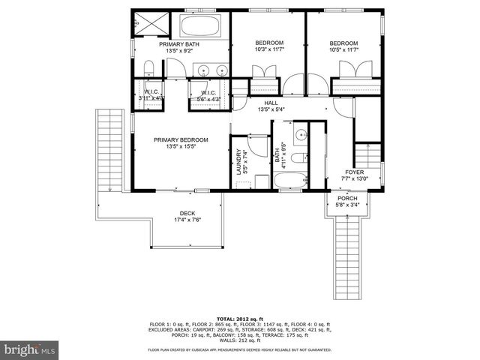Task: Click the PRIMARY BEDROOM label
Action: pyautogui.click(x=181, y=140)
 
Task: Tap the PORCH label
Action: pyautogui.click(x=347, y=199)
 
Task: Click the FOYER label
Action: pyautogui.click(x=355, y=172)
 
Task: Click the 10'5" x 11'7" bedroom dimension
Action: pyautogui.click(x=343, y=50)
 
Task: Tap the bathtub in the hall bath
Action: pyautogui.click(x=289, y=181)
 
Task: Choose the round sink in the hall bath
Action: pyautogui.click(x=298, y=135)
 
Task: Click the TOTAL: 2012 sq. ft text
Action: pyautogui.click(x=239, y=318)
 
